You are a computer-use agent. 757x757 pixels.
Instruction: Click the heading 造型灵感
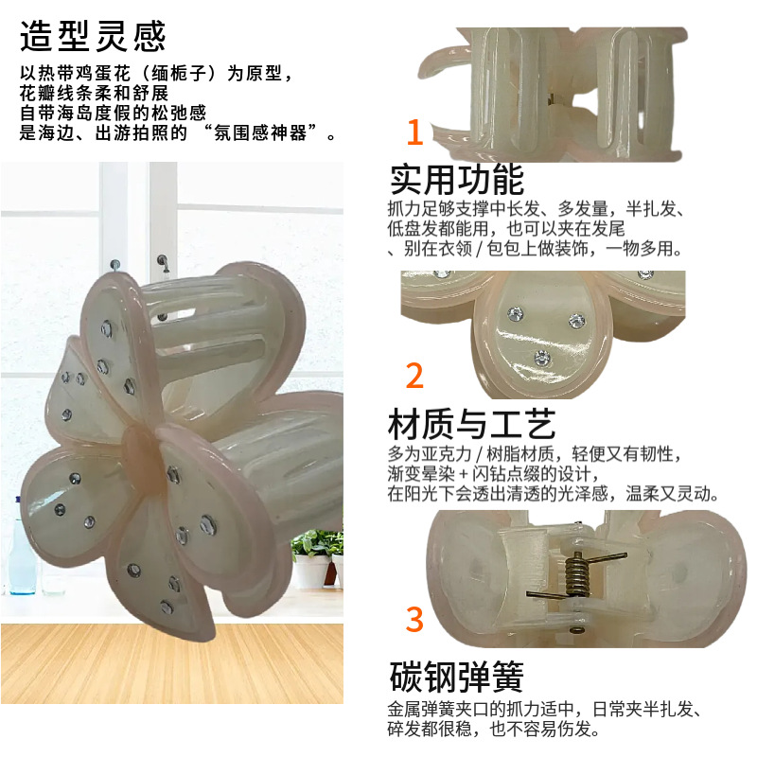[x=93, y=36]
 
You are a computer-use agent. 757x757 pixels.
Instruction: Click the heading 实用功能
[x=456, y=179]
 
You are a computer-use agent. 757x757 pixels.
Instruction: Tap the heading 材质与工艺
[x=471, y=423]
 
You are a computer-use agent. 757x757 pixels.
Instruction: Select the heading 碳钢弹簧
[x=456, y=677]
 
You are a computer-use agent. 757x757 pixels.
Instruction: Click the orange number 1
[x=414, y=132]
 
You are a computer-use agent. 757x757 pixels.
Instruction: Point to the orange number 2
[x=414, y=375]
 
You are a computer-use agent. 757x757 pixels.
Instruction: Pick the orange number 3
[x=414, y=619]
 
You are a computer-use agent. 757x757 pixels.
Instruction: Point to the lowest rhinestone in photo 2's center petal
[x=542, y=358]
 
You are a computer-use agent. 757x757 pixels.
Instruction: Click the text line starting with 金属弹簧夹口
[x=544, y=709]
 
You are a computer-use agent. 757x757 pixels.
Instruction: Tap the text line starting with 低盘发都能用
[x=506, y=228]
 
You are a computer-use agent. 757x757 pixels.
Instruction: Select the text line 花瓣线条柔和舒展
[x=94, y=93]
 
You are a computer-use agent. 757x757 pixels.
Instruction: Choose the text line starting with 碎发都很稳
[x=493, y=729]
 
